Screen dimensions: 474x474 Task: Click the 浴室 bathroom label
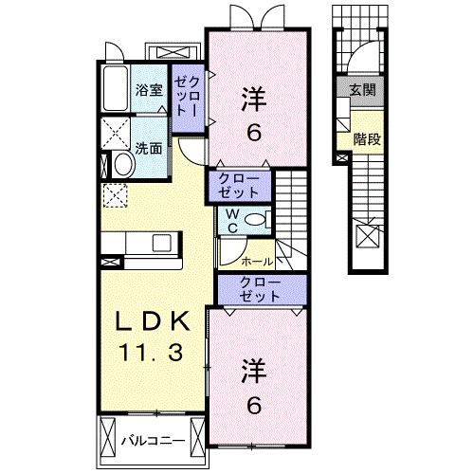[148, 91]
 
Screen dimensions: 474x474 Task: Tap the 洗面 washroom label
[148, 149]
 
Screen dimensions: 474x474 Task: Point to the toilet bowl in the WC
[254, 219]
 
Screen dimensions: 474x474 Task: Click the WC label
[231, 221]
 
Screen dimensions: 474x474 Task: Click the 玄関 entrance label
[364, 90]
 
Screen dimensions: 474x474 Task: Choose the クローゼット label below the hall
[260, 290]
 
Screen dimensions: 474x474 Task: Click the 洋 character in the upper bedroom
[253, 98]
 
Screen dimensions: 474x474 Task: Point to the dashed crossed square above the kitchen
[114, 196]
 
